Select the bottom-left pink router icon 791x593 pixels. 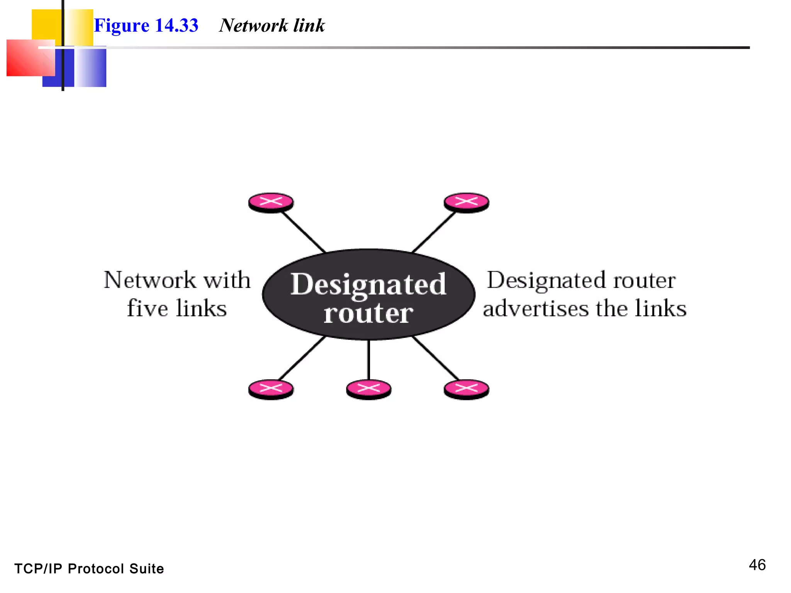[x=271, y=389]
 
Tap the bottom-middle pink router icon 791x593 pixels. [x=368, y=389]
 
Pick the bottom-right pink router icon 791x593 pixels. [x=466, y=389]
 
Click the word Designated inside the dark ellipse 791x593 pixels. [x=368, y=285]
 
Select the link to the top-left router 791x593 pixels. [x=304, y=232]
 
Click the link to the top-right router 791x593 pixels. [x=433, y=232]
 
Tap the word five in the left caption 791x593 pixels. [x=148, y=308]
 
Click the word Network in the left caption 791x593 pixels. [x=150, y=280]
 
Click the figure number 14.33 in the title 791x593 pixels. [x=177, y=25]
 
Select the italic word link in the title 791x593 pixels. [x=309, y=25]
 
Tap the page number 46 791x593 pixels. [x=757, y=565]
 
